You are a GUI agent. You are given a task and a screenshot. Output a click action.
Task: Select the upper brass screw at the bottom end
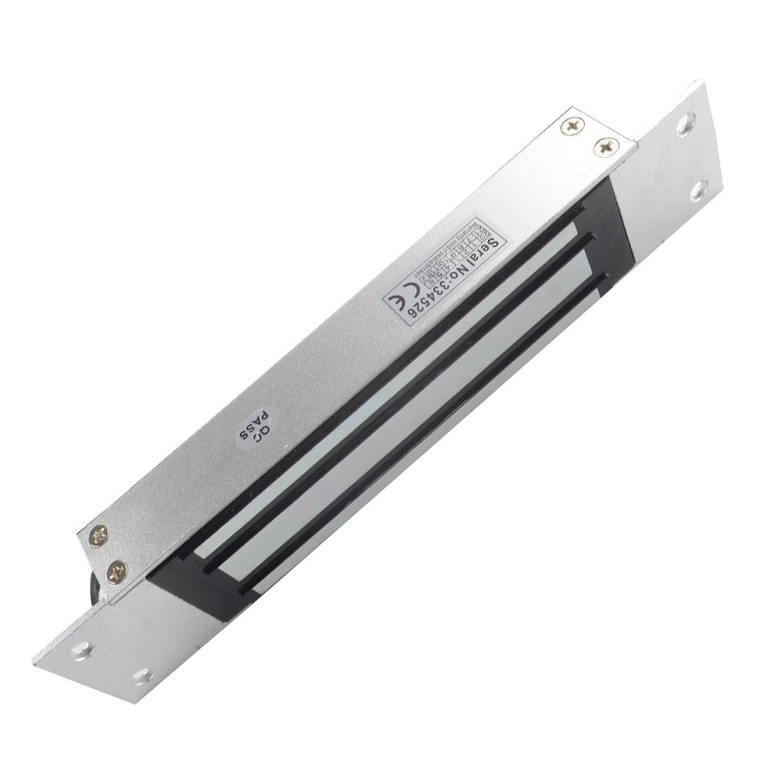click(98, 535)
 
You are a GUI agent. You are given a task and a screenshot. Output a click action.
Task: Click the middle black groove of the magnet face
click(392, 402)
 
